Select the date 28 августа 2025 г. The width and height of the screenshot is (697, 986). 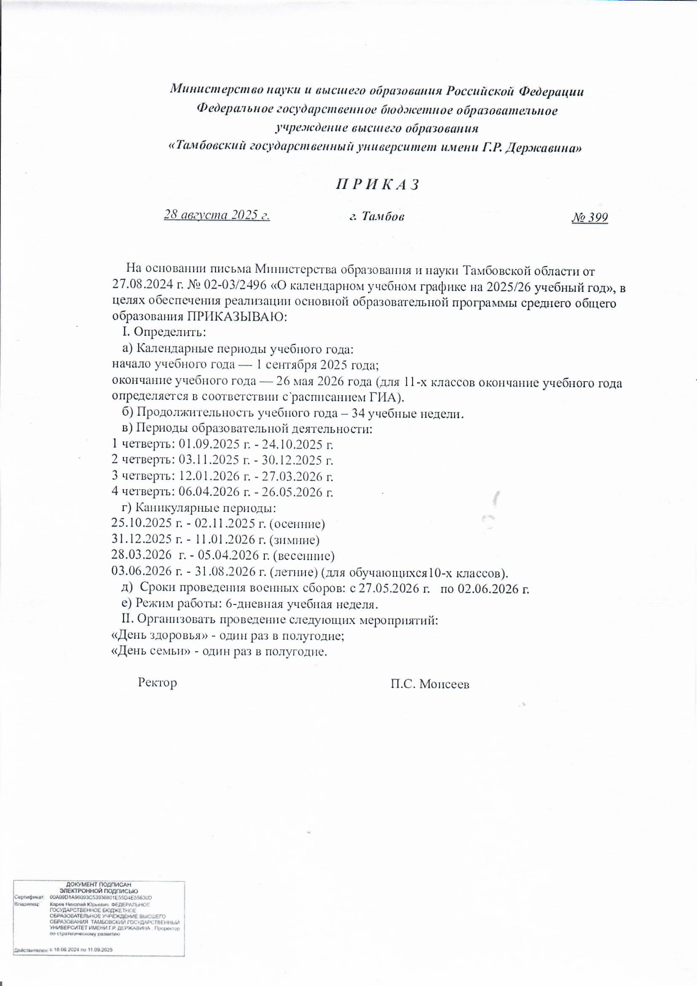pos(217,215)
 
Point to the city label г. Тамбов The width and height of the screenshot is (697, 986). pos(376,216)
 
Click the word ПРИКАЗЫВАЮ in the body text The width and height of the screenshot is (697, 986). pos(236,318)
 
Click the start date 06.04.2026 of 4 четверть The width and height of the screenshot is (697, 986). pos(207,492)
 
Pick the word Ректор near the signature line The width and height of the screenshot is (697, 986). pos(158,683)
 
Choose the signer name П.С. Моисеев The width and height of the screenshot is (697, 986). pos(429,684)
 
